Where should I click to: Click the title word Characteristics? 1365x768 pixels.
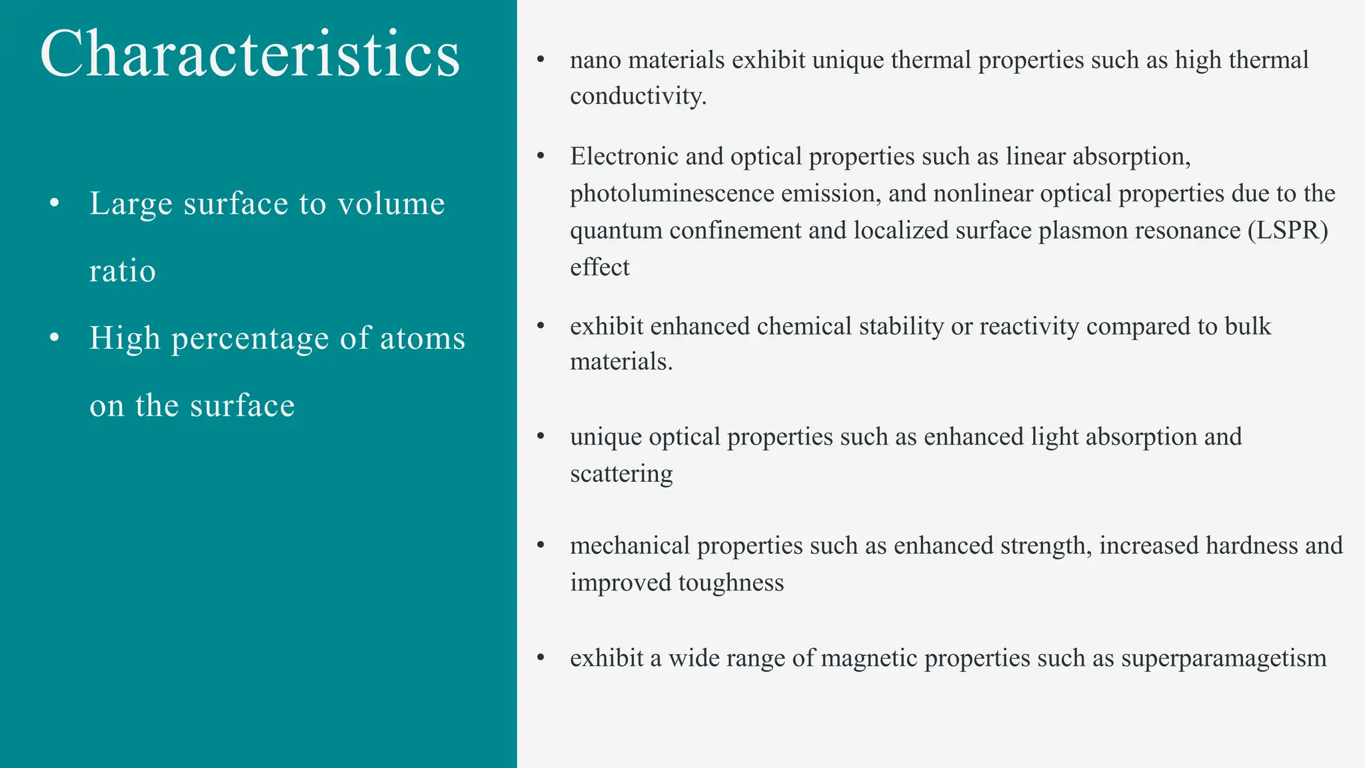coord(250,55)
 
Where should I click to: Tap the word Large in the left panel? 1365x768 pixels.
coord(130,204)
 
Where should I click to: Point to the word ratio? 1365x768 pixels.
coord(123,271)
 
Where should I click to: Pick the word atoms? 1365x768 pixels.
coord(423,339)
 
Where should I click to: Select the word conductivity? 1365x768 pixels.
coord(638,97)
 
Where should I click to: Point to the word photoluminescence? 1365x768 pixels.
coord(671,194)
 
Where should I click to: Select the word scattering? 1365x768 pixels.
coord(621,474)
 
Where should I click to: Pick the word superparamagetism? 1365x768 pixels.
coord(1224,659)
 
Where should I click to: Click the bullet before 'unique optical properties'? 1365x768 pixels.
coord(541,437)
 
